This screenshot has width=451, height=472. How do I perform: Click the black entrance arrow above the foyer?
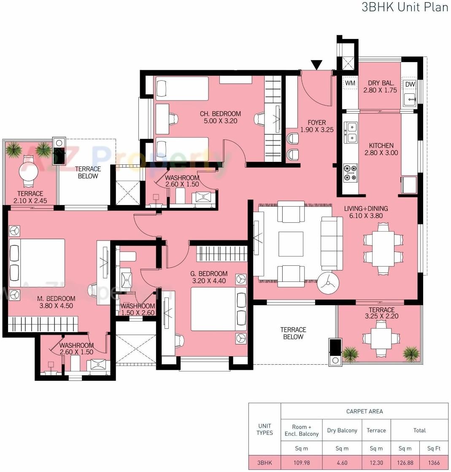pos(316,65)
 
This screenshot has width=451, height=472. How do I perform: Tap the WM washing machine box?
pos(350,83)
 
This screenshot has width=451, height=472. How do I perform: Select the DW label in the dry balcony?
pos(410,85)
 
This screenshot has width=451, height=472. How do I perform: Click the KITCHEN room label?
pos(381,145)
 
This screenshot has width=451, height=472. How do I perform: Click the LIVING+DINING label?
pos(366,208)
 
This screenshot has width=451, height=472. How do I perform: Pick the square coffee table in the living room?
pos(291,244)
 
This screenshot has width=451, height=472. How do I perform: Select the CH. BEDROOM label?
pos(220,114)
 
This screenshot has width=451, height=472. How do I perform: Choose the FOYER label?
pos(316,123)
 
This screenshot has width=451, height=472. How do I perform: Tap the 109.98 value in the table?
pos(302,463)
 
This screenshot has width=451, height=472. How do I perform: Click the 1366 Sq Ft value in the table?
pos(434,463)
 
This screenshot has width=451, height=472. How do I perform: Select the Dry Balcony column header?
pos(342,430)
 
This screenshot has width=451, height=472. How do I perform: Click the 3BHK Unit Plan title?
pos(405,8)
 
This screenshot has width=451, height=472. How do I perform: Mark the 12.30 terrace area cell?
pos(376,463)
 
